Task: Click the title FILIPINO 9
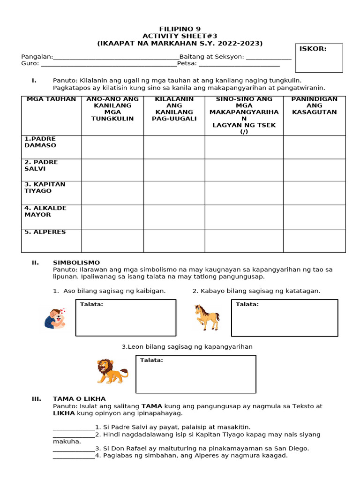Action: [x=180, y=29]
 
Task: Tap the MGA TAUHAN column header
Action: [x=51, y=99]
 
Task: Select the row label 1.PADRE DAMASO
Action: [x=40, y=142]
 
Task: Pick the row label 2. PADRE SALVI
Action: [x=41, y=165]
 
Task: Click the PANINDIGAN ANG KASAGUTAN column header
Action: [x=314, y=105]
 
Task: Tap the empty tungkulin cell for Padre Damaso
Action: [x=112, y=147]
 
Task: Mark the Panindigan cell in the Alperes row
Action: [x=314, y=240]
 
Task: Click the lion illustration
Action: [x=112, y=370]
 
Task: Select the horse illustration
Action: [x=207, y=317]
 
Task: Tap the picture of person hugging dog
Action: [x=55, y=318]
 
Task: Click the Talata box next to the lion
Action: [x=196, y=374]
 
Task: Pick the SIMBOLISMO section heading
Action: [x=76, y=262]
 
